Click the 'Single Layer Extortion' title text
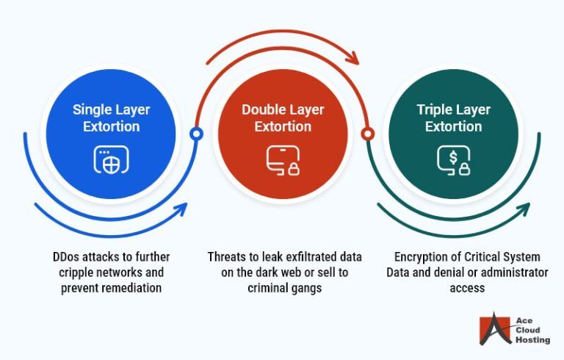[x=110, y=118]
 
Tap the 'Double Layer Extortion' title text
[x=282, y=118]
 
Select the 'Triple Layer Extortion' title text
[x=454, y=118]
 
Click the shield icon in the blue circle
[x=111, y=159]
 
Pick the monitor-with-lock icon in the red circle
[x=282, y=160]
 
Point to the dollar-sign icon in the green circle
[x=454, y=159]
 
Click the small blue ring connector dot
[x=196, y=134]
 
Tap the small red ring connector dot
[x=368, y=134]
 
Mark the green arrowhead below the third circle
[x=524, y=209]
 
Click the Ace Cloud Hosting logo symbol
[x=494, y=330]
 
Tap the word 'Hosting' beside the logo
[x=529, y=341]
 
